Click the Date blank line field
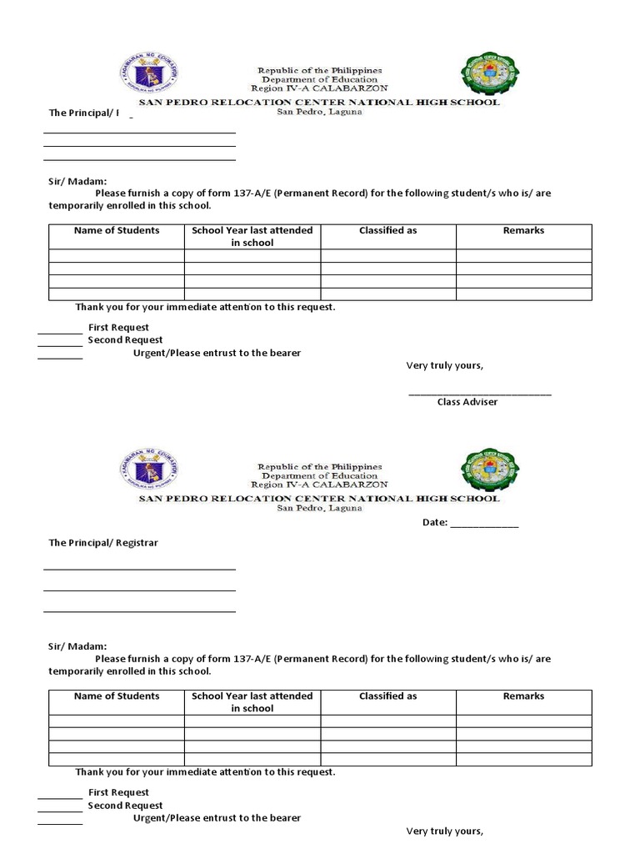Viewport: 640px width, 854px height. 484,524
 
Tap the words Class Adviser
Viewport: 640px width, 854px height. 467,402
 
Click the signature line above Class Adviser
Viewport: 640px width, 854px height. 479,392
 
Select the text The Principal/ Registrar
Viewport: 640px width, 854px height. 103,543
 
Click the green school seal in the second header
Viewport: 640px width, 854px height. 488,472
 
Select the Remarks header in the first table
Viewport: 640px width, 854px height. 523,231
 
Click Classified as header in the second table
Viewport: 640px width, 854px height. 387,696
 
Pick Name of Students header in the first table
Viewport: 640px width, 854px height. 117,231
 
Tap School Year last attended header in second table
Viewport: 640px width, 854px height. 252,702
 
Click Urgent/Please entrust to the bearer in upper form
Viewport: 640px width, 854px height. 217,354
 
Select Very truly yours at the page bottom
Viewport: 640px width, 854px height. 444,831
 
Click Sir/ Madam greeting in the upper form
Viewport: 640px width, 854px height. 77,180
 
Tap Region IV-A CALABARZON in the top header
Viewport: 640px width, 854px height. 319,88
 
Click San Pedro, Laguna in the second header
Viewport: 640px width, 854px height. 319,509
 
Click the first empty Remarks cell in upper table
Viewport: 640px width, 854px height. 523,256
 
